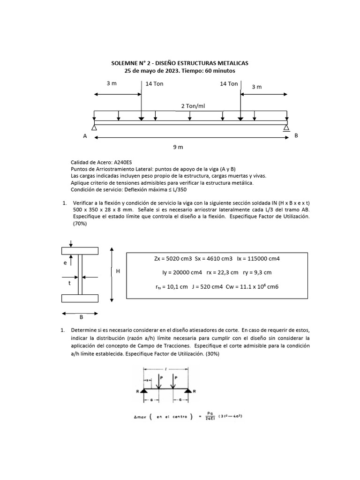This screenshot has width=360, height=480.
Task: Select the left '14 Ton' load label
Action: [154, 84]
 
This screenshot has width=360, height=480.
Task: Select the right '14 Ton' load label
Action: [229, 84]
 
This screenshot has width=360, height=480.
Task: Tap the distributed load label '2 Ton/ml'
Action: [193, 106]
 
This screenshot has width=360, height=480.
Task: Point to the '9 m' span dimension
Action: [178, 147]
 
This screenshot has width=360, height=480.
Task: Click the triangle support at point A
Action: [94, 127]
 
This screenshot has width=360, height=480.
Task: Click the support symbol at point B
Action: [286, 127]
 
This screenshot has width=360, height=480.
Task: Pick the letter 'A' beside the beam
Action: [85, 136]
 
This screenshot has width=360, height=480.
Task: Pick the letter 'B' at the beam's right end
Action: [296, 135]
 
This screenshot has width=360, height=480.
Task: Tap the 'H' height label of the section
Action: [118, 271]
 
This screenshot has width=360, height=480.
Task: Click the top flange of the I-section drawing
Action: [80, 250]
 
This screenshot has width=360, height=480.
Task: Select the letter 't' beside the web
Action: [69, 283]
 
